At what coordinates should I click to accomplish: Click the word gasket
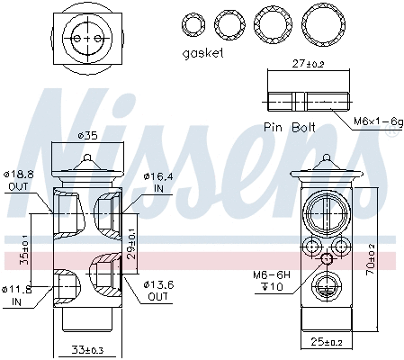(x=202, y=53)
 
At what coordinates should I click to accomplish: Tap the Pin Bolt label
(x=291, y=128)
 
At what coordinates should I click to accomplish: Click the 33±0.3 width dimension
(x=87, y=350)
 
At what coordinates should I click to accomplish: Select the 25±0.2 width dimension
(x=327, y=342)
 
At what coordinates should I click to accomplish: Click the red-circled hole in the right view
(x=327, y=260)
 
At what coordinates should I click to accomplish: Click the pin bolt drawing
(x=307, y=99)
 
